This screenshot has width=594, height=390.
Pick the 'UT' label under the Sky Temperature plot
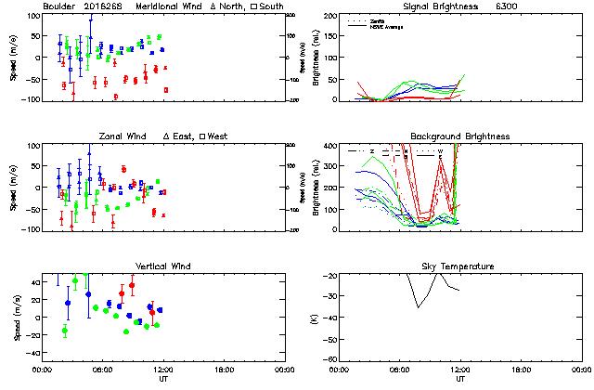[x=459, y=379]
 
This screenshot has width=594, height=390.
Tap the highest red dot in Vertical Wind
[x=132, y=286]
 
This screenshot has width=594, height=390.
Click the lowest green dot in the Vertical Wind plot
[x=126, y=331]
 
